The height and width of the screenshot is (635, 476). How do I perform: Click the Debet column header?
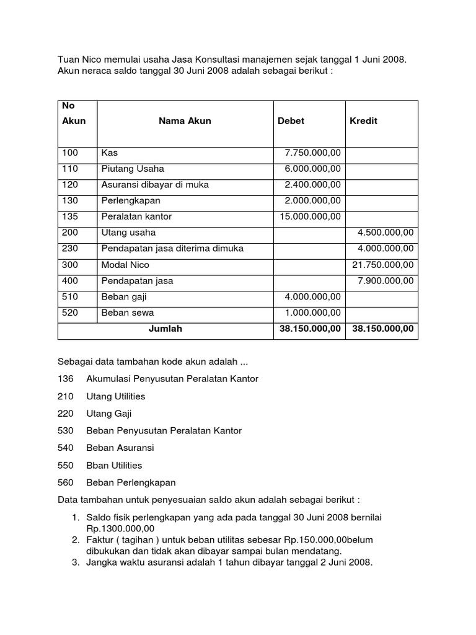pyautogui.click(x=291, y=121)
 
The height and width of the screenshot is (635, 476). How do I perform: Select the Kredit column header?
pyautogui.click(x=363, y=121)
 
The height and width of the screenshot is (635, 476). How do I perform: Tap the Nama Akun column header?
pyautogui.click(x=185, y=121)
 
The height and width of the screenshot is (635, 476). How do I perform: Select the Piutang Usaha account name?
pyautogui.click(x=133, y=169)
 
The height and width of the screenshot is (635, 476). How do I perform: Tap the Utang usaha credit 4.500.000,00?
pyautogui.click(x=386, y=233)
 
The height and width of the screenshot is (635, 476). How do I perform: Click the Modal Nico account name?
pyautogui.click(x=125, y=265)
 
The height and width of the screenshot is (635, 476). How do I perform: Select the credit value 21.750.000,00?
pyautogui.click(x=383, y=265)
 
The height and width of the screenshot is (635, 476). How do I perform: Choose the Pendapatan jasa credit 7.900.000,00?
pyautogui.click(x=386, y=281)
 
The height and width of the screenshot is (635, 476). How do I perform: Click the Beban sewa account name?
pyautogui.click(x=127, y=313)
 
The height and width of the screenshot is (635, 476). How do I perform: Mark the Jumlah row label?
pyautogui.click(x=165, y=329)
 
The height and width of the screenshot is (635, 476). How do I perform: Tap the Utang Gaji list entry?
pyautogui.click(x=109, y=413)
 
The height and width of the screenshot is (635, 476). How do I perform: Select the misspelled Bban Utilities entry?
pyautogui.click(x=114, y=465)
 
